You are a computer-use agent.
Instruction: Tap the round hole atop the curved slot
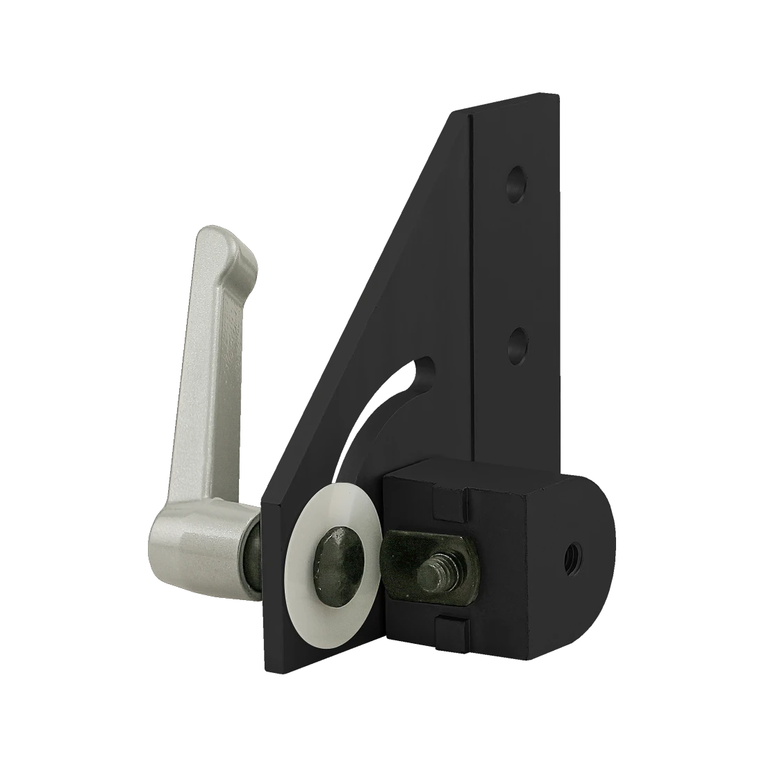point(421,376)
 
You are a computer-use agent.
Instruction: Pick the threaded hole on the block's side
point(574,553)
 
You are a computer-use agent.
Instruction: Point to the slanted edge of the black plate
point(361,292)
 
